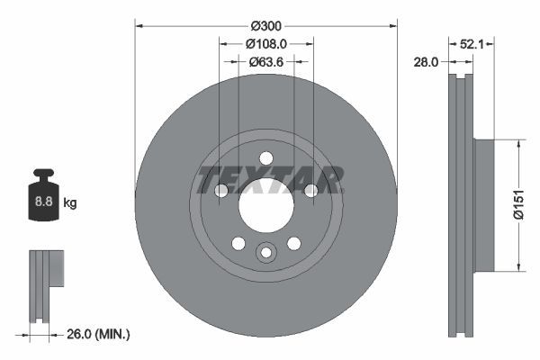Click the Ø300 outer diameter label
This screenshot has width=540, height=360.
click(x=265, y=24)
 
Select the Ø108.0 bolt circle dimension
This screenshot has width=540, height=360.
click(x=265, y=43)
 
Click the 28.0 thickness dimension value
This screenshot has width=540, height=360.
click(x=426, y=62)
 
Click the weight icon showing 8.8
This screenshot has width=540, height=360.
click(x=43, y=197)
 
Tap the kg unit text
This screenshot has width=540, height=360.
click(x=70, y=203)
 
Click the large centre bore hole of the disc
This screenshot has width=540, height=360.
click(x=265, y=205)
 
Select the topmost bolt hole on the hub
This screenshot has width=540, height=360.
click(x=265, y=158)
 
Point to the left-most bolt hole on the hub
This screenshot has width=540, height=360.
click(x=221, y=191)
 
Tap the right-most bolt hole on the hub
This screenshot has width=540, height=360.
click(x=310, y=191)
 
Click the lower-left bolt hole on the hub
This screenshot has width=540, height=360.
click(x=238, y=243)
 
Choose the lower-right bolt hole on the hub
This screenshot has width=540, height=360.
click(x=293, y=243)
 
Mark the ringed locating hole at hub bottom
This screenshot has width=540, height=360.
click(x=265, y=253)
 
